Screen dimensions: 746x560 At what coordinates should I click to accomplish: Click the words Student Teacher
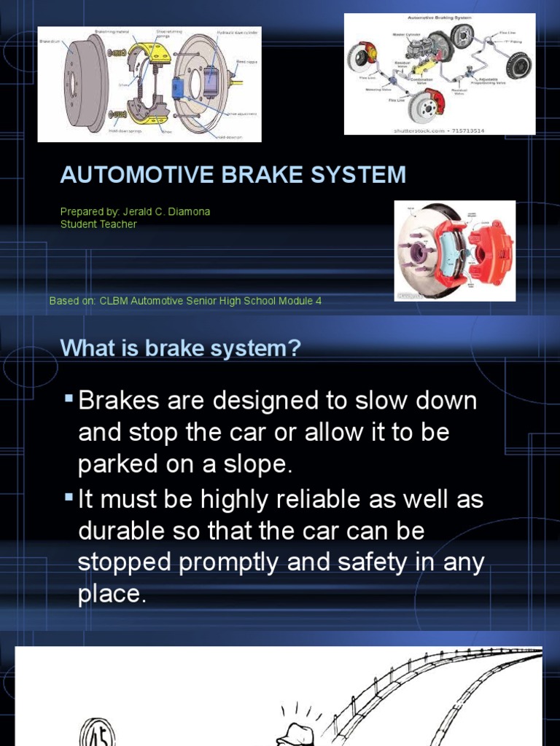coord(98,224)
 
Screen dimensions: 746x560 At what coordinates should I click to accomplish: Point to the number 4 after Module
coord(318,301)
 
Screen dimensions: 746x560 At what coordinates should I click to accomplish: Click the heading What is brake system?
coord(180,348)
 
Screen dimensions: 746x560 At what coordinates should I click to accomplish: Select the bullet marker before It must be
coord(69,498)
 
